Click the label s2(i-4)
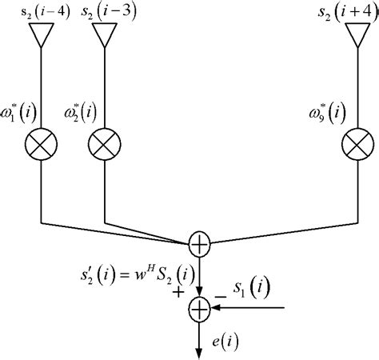pos(41,11)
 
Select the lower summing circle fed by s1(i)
pos(198,306)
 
